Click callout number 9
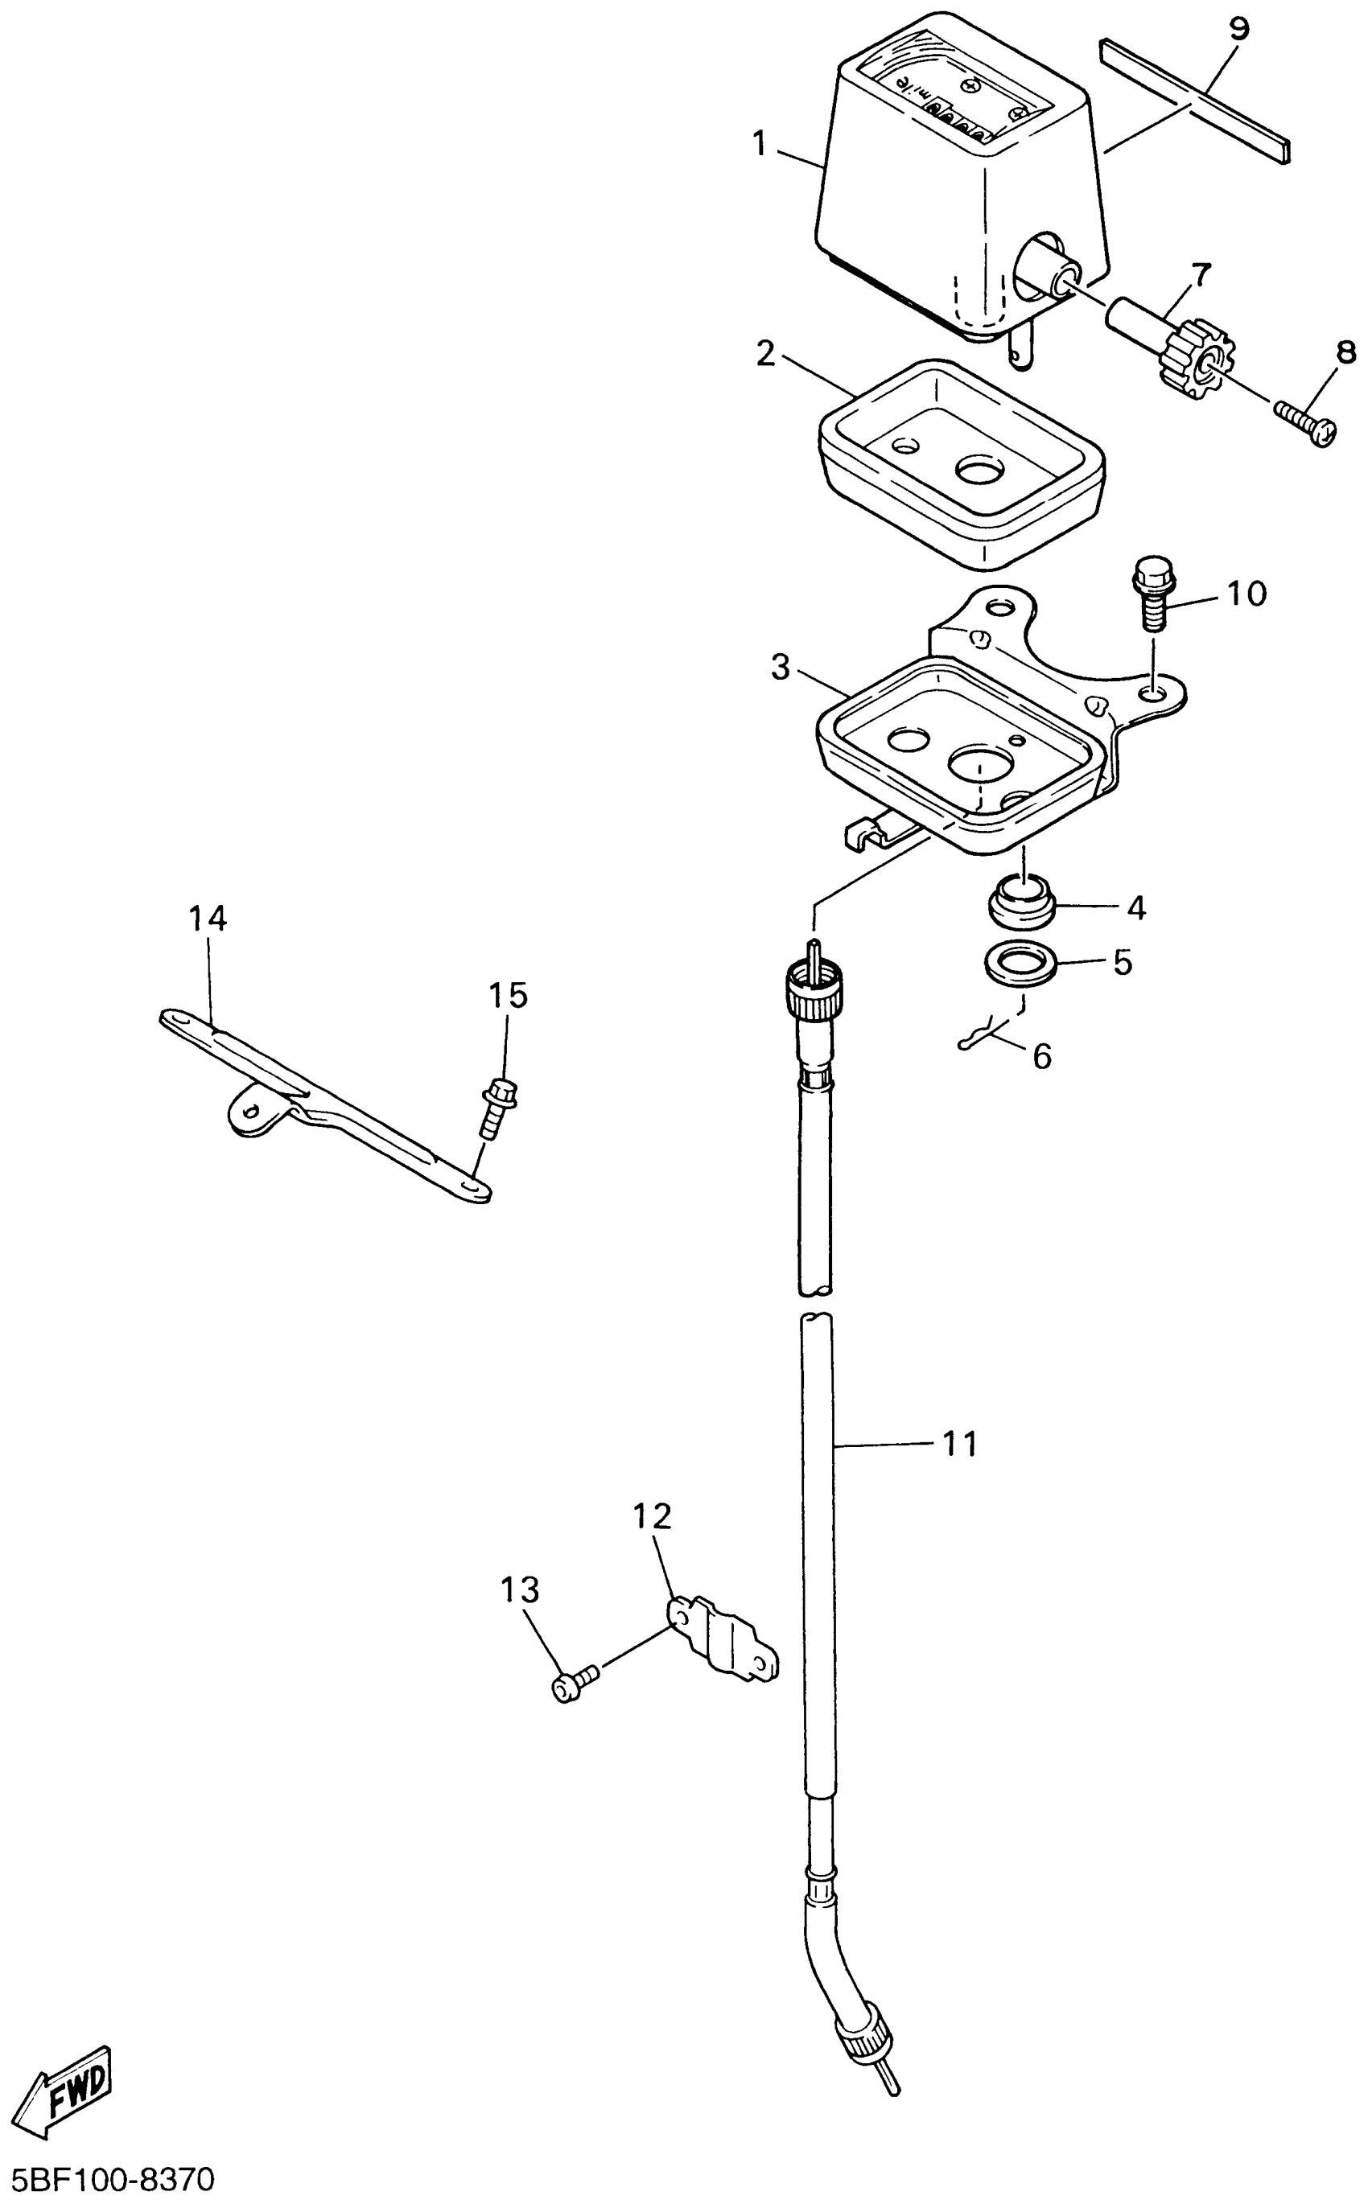pyautogui.click(x=1238, y=29)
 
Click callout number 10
pyautogui.click(x=1245, y=594)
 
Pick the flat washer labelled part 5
pyautogui.click(x=1020, y=962)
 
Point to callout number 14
pyautogui.click(x=207, y=919)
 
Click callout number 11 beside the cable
pyautogui.click(x=959, y=1445)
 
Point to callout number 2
pyautogui.click(x=766, y=355)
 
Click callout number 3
pyautogui.click(x=780, y=668)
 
